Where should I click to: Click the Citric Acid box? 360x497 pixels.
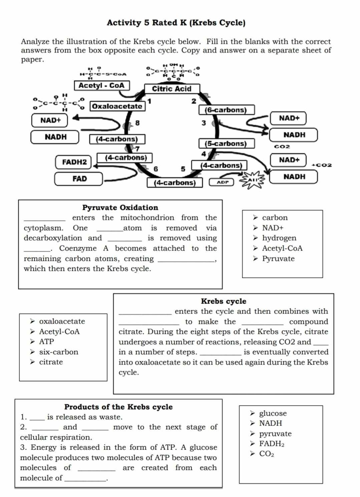(172, 89)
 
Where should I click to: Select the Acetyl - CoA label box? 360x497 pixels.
(101, 85)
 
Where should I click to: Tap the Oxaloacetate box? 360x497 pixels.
(117, 106)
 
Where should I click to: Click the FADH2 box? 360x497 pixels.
(74, 162)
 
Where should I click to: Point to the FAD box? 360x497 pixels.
(79, 179)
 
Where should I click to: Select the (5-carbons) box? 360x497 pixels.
(226, 144)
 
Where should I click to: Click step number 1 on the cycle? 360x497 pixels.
(149, 101)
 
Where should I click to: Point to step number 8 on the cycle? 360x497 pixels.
(137, 123)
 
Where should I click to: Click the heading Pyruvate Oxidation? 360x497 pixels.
(120, 208)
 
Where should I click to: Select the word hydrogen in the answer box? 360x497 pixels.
(279, 238)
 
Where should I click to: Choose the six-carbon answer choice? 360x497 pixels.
(59, 352)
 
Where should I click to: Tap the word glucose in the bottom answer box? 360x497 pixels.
(273, 413)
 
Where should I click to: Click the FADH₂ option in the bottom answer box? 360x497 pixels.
(272, 444)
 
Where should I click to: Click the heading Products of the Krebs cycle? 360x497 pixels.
(118, 407)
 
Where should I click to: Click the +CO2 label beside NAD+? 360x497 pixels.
(322, 165)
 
